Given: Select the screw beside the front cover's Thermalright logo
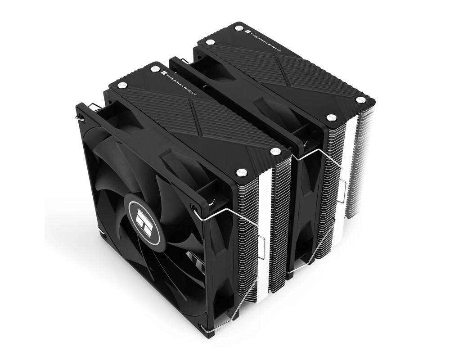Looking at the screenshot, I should pyautogui.click(x=155, y=69).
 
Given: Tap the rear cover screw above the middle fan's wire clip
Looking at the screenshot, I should pyautogui.click(x=331, y=118).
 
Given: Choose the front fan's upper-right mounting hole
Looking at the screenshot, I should pyautogui.click(x=194, y=207).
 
